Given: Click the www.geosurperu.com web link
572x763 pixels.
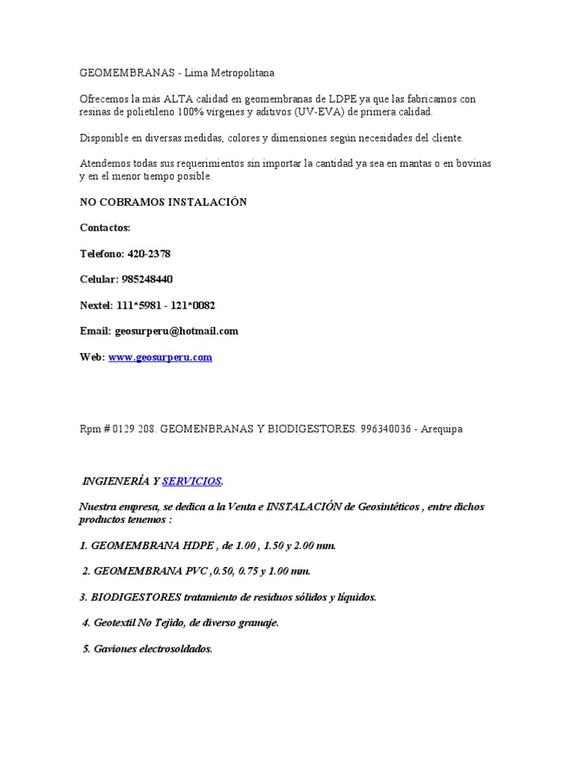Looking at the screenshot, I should tap(160, 358).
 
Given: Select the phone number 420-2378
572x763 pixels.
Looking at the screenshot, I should tap(149, 254).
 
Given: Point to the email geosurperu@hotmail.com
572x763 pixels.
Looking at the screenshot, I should tap(176, 332).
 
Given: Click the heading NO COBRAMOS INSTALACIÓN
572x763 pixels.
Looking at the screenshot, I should tap(163, 203).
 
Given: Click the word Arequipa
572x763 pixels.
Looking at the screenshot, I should tap(442, 430).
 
